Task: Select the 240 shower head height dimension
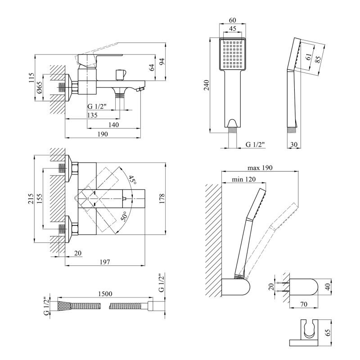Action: pyautogui.click(x=207, y=85)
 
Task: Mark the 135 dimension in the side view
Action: pyautogui.click(x=92, y=115)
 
